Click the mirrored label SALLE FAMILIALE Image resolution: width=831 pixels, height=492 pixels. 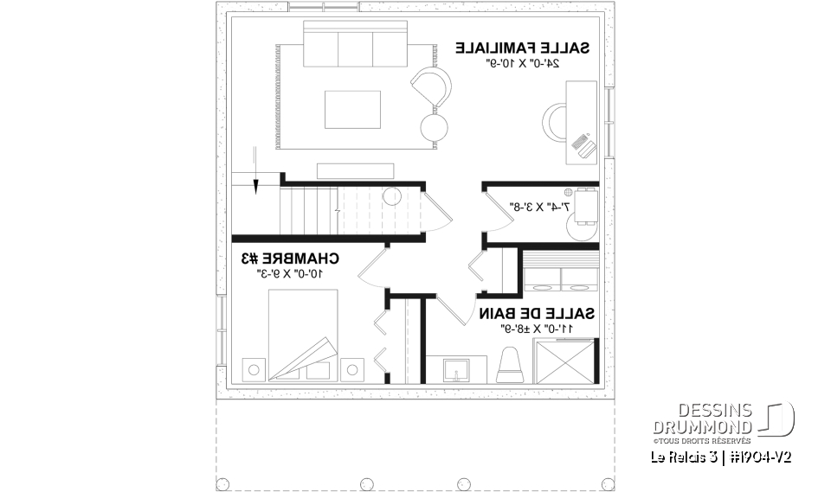click(523, 48)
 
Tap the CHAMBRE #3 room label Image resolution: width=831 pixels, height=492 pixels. click(290, 258)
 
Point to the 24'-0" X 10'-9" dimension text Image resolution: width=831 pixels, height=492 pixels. click(523, 63)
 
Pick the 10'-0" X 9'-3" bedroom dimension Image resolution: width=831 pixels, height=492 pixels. click(290, 273)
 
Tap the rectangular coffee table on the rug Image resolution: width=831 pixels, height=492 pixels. click(352, 108)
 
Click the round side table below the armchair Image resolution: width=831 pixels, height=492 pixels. click(435, 127)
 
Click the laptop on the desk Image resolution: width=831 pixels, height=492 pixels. click(585, 144)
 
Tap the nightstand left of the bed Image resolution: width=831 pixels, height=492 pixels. click(253, 369)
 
